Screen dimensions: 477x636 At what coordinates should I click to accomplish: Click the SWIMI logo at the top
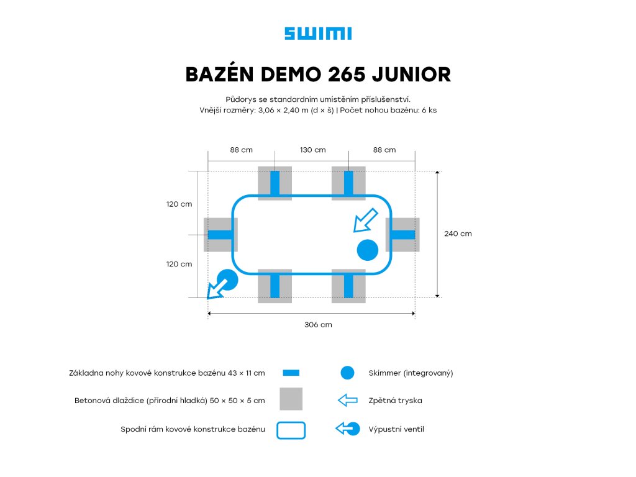[x=318, y=34]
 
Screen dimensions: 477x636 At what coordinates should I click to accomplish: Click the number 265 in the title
[x=344, y=75]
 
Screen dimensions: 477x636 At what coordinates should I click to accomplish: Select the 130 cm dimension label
[x=312, y=150]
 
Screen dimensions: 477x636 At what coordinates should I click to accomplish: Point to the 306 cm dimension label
[x=318, y=325]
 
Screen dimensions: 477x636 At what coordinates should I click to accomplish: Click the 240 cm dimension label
[x=458, y=234]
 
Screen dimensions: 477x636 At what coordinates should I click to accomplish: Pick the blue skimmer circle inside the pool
[x=368, y=250]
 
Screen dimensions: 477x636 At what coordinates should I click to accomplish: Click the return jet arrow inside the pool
[x=365, y=220]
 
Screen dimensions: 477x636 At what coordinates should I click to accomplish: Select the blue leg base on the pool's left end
[x=220, y=235]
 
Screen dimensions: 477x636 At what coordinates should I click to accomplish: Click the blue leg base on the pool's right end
[x=402, y=235]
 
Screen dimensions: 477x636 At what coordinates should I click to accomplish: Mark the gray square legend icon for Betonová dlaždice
[x=291, y=399]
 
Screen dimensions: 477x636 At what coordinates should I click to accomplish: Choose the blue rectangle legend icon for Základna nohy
[x=291, y=373]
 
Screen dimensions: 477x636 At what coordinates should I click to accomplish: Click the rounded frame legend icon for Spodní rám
[x=291, y=430]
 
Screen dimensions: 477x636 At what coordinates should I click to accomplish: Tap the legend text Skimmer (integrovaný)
[x=411, y=373]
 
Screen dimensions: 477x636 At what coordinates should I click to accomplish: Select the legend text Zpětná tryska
[x=395, y=401]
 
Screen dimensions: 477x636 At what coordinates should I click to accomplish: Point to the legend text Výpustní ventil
[x=396, y=429]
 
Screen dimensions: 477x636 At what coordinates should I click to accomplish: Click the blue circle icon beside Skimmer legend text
[x=347, y=373]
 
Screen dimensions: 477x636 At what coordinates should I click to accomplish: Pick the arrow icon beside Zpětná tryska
[x=348, y=401]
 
